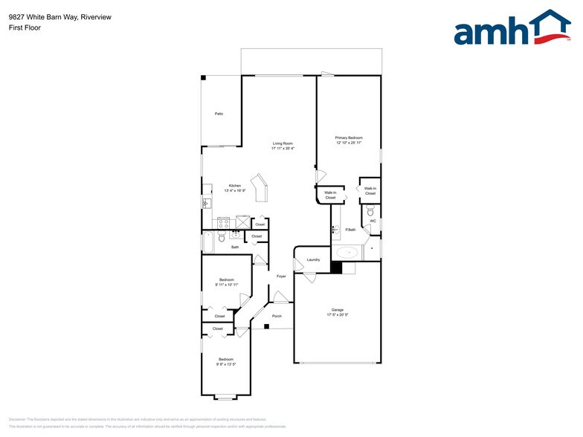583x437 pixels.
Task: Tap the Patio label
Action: pyautogui.click(x=219, y=114)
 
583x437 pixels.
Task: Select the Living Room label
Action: pyautogui.click(x=283, y=143)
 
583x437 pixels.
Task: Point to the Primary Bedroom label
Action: pyautogui.click(x=349, y=137)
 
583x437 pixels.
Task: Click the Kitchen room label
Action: pyautogui.click(x=235, y=186)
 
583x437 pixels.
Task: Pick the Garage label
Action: pyautogui.click(x=338, y=310)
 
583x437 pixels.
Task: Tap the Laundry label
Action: pyautogui.click(x=313, y=259)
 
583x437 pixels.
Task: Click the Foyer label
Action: pyautogui.click(x=282, y=276)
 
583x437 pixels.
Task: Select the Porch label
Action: pyautogui.click(x=277, y=316)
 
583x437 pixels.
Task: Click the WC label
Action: pyautogui.click(x=373, y=221)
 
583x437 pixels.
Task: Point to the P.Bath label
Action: pyautogui.click(x=350, y=230)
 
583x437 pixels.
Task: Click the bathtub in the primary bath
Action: pyautogui.click(x=347, y=253)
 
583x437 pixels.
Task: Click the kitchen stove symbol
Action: pyautogui.click(x=223, y=222)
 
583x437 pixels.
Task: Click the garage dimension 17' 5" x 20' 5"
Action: pyautogui.click(x=338, y=315)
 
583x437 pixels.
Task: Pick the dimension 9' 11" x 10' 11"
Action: pyautogui.click(x=227, y=285)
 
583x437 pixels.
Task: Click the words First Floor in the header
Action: pyautogui.click(x=25, y=27)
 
